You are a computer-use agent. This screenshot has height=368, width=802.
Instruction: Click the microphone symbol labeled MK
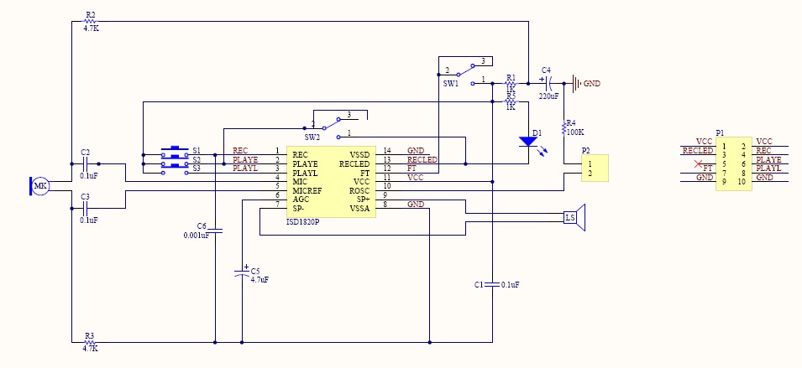(x=39, y=186)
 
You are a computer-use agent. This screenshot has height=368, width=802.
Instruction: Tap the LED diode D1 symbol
(x=527, y=142)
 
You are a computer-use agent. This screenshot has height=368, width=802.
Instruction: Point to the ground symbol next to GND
(x=575, y=83)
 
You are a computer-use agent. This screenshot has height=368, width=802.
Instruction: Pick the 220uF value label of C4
(x=549, y=96)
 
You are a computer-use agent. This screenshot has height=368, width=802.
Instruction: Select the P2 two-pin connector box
(x=594, y=168)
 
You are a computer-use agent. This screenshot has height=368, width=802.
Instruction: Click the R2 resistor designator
(x=91, y=15)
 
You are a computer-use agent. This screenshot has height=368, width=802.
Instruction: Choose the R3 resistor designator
(x=90, y=335)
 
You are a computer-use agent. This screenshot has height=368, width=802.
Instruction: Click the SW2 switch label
(x=312, y=136)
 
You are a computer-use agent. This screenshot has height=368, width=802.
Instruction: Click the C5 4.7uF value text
(x=259, y=279)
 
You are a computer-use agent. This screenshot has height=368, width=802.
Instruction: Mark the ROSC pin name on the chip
(x=359, y=190)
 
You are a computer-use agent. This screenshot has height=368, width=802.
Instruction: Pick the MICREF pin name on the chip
(x=307, y=190)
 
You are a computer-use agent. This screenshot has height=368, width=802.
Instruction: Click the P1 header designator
(x=720, y=132)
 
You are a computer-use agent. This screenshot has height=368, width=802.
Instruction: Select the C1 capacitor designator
(x=480, y=285)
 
